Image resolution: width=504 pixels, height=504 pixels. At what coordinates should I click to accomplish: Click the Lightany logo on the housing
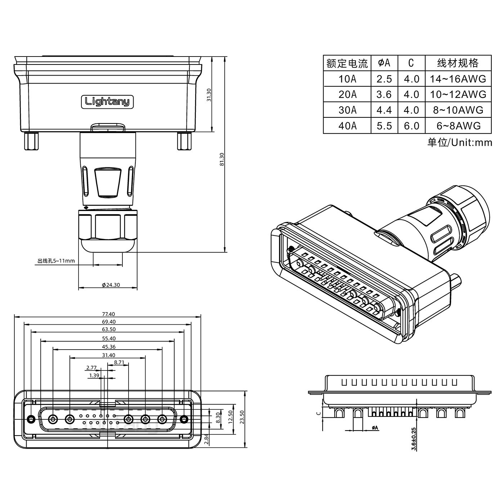107,102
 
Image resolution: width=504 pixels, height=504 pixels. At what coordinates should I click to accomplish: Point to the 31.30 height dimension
209,95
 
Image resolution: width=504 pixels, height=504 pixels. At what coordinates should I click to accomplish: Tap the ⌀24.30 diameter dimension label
111,285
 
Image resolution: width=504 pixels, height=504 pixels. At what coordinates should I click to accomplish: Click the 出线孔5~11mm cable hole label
56,261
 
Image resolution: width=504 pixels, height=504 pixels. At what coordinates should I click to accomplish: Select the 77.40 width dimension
108,314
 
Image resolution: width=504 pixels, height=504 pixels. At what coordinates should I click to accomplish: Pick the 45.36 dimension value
108,347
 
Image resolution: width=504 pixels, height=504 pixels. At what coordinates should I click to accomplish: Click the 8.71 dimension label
119,362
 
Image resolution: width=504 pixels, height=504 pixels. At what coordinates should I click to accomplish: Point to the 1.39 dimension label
94,375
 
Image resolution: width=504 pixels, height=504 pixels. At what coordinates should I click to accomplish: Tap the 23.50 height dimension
242,418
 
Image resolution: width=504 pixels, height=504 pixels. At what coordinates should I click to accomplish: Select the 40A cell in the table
347,126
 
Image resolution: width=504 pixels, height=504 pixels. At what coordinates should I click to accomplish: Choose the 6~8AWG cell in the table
458,126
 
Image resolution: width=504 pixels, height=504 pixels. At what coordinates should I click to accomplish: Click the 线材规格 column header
458,63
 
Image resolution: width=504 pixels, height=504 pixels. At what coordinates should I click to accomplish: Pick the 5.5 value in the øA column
384,126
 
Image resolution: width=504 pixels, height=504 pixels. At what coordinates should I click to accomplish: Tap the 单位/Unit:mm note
460,143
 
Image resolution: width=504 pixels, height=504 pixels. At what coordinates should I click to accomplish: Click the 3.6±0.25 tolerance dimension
414,439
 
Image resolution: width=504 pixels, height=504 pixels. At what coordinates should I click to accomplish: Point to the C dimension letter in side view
318,413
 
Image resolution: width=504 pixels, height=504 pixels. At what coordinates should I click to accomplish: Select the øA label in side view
375,428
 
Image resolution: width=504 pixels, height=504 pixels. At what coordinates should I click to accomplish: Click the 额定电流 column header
347,63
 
